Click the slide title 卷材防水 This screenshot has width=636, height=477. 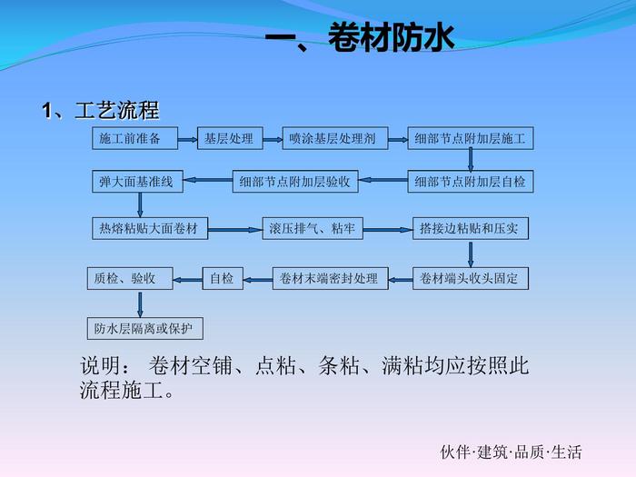pyautogui.click(x=358, y=38)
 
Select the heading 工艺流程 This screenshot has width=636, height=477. pyautogui.click(x=101, y=111)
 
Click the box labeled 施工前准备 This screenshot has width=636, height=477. pyautogui.click(x=131, y=139)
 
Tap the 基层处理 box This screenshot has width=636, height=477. pyautogui.click(x=229, y=139)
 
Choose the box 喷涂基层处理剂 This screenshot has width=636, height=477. pyautogui.click(x=333, y=139)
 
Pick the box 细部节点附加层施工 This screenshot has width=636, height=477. pyautogui.click(x=470, y=139)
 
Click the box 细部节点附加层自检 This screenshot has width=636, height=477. pyautogui.click(x=470, y=182)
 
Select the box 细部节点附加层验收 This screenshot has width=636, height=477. pyautogui.click(x=295, y=182)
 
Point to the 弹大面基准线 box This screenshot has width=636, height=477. pyautogui.click(x=136, y=182)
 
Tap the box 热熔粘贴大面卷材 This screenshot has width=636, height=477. pyautogui.click(x=149, y=228)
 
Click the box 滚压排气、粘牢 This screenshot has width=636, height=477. pyautogui.click(x=312, y=228)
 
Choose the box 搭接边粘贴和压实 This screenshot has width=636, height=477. pyautogui.click(x=469, y=228)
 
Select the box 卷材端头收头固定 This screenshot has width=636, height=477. pyautogui.click(x=469, y=278)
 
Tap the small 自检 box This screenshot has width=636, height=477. pyautogui.click(x=222, y=278)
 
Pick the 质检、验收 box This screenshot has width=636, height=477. pyautogui.click(x=124, y=278)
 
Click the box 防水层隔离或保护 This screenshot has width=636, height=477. pyautogui.click(x=144, y=327)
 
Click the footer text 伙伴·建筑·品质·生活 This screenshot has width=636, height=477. pyautogui.click(x=511, y=452)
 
